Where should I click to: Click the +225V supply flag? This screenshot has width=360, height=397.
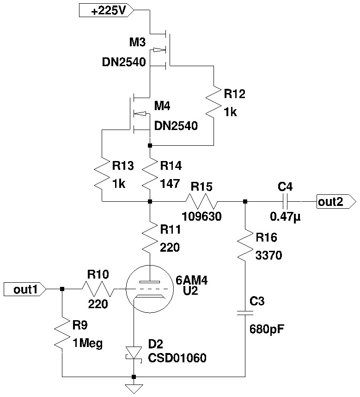(x=106, y=11)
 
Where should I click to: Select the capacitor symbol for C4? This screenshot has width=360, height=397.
(x=285, y=201)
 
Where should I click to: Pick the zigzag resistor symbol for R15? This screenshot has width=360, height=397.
(x=201, y=201)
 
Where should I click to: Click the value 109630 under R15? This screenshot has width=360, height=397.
(x=201, y=216)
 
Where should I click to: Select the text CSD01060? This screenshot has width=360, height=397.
(x=177, y=358)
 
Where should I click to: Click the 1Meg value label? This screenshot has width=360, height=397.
(x=88, y=343)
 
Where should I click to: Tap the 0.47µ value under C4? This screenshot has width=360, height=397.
(x=286, y=216)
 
